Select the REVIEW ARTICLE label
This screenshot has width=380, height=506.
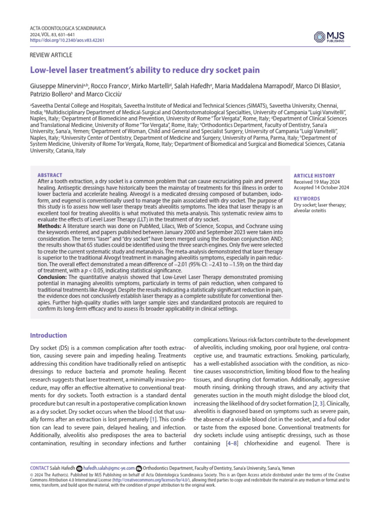coord(51,56)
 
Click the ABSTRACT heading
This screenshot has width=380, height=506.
coord(50,175)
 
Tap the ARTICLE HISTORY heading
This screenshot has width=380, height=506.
coord(314,175)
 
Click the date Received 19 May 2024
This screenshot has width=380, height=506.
coord(318,181)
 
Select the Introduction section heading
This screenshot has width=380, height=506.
coord(49,336)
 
